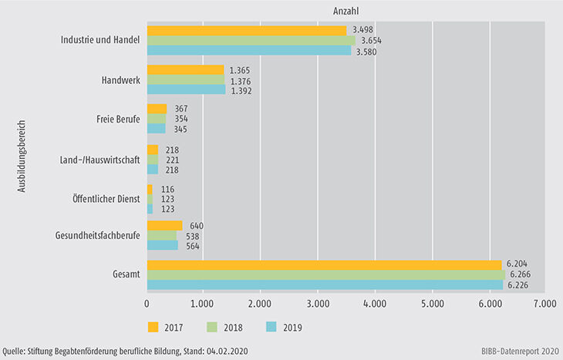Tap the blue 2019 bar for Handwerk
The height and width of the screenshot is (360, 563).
pos(185,90)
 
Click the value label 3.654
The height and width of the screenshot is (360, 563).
pos(372,41)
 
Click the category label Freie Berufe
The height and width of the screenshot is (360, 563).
pos(120,119)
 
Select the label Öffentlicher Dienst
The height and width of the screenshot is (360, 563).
pos(106,198)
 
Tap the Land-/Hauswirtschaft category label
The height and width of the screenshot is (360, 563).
pos(101,159)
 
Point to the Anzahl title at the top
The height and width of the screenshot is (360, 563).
pos(346,12)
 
